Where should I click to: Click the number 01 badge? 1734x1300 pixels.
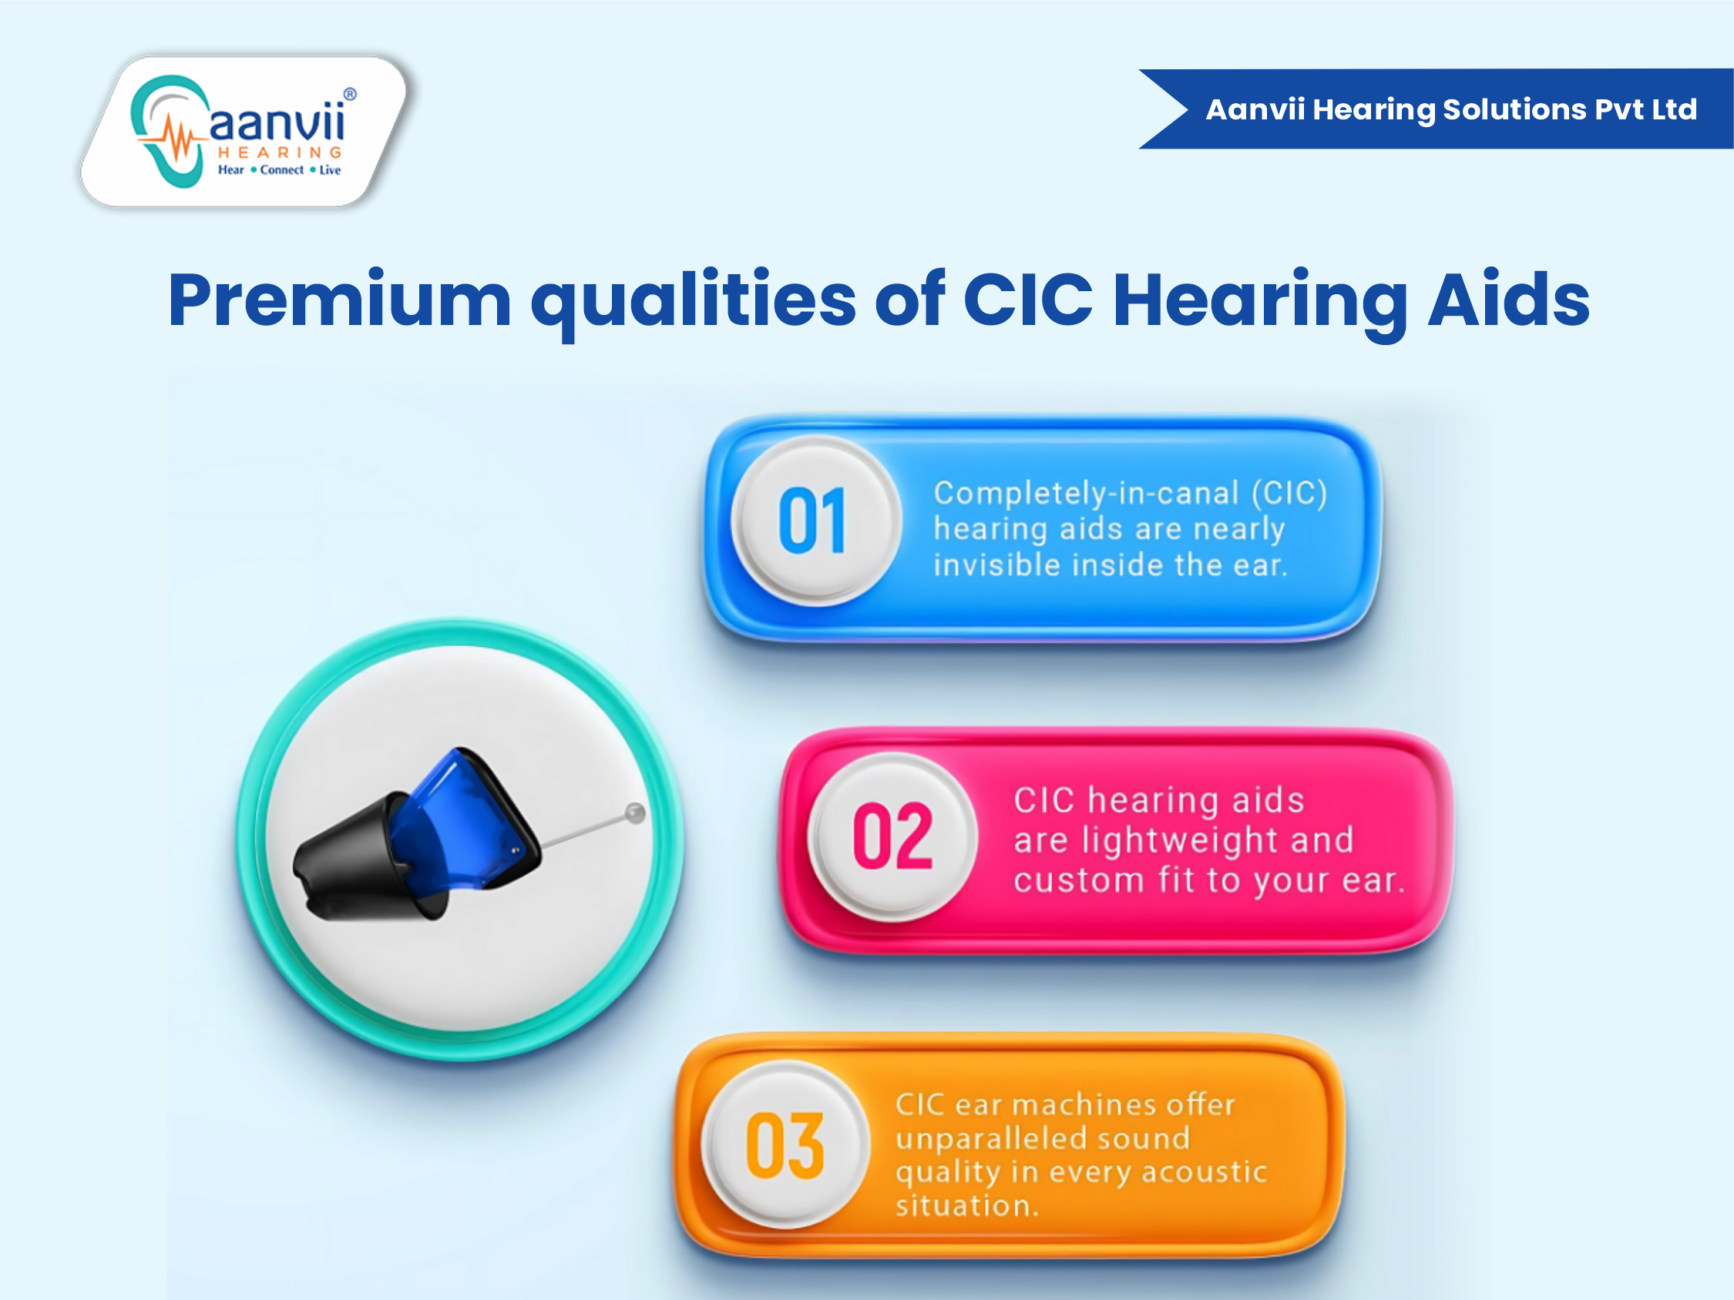pyautogui.click(x=816, y=521)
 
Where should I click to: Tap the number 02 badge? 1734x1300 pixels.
pyautogui.click(x=893, y=836)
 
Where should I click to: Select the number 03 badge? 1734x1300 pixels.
pyautogui.click(x=785, y=1144)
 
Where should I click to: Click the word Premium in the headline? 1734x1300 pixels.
pyautogui.click(x=340, y=300)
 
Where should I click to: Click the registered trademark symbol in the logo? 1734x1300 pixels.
pyautogui.click(x=351, y=94)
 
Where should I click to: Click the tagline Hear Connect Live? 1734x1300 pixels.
pyautogui.click(x=279, y=169)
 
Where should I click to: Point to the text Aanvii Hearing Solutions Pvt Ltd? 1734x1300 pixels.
pyautogui.click(x=1451, y=109)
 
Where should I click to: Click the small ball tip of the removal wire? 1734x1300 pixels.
pyautogui.click(x=635, y=813)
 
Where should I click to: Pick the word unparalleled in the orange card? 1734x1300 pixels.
pyautogui.click(x=1043, y=1137)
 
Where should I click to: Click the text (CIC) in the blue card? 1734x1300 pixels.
pyautogui.click(x=1289, y=493)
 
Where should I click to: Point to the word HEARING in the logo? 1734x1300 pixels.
pyautogui.click(x=280, y=152)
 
